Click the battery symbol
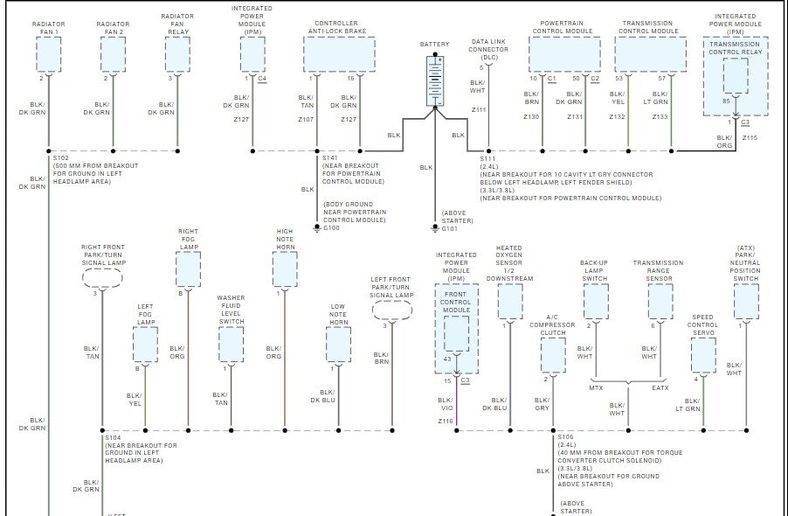(434, 81)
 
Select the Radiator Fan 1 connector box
(49, 55)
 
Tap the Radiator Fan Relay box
(177, 55)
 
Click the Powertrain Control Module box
(564, 55)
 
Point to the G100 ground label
(332, 228)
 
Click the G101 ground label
(450, 229)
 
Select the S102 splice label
(61, 158)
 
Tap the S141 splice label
(330, 158)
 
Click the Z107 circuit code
(305, 119)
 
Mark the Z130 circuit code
(531, 116)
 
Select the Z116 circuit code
(446, 421)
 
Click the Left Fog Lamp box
(145, 345)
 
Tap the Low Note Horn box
(338, 345)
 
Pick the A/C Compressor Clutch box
(553, 355)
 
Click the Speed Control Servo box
(703, 355)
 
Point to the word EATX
(660, 387)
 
